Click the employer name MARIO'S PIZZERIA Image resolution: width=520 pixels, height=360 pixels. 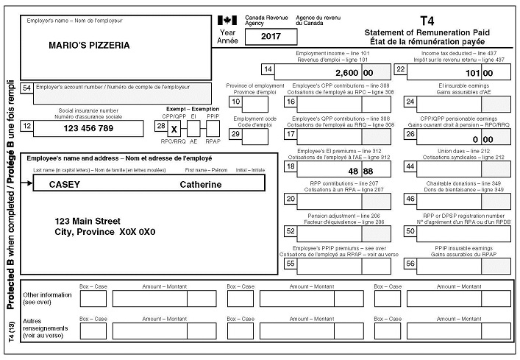point(89,45)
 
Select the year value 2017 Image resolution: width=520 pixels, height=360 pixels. point(263,35)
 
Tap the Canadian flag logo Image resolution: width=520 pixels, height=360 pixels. point(227,20)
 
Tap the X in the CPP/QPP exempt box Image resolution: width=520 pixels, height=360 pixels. point(174,128)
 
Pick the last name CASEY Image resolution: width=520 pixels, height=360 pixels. point(64,185)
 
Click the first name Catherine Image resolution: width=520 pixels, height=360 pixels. point(200,185)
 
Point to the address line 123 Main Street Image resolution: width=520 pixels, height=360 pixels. point(88,220)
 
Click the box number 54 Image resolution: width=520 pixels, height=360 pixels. point(27,88)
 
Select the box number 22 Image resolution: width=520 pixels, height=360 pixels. point(401,70)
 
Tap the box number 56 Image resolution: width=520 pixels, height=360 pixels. point(410,263)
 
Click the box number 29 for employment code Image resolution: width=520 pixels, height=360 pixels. point(236,133)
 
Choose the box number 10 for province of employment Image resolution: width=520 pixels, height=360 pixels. point(236,102)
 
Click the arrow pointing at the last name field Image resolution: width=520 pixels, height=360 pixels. point(28,184)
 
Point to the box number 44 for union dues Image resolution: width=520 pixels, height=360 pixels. point(410,166)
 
